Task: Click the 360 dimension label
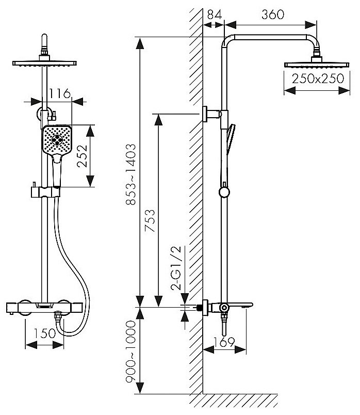(x=272, y=14)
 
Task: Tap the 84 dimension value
(x=215, y=14)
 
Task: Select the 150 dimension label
(x=43, y=333)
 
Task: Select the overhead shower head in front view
(x=45, y=63)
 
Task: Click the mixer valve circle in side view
(x=224, y=308)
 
